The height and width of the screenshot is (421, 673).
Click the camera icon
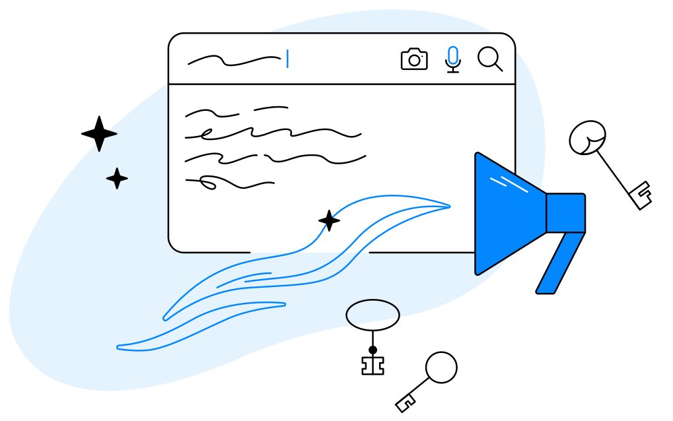(x=414, y=59)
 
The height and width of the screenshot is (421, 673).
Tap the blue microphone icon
(x=452, y=58)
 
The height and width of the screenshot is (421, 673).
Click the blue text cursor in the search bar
(x=287, y=59)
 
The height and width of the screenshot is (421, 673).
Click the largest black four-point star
(x=99, y=134)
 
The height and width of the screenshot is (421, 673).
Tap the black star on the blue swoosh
(x=329, y=220)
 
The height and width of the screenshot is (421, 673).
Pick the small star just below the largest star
(x=117, y=178)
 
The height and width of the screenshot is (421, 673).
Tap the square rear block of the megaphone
(x=565, y=212)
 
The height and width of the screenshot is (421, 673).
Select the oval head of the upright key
(x=372, y=315)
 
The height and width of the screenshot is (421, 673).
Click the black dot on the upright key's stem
(x=372, y=349)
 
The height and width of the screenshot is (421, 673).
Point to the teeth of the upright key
(x=372, y=366)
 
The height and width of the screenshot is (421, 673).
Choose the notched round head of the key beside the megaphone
(x=587, y=138)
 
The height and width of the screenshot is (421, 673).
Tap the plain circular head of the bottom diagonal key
(x=441, y=367)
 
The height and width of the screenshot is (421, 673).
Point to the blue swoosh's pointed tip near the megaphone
(x=448, y=207)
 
